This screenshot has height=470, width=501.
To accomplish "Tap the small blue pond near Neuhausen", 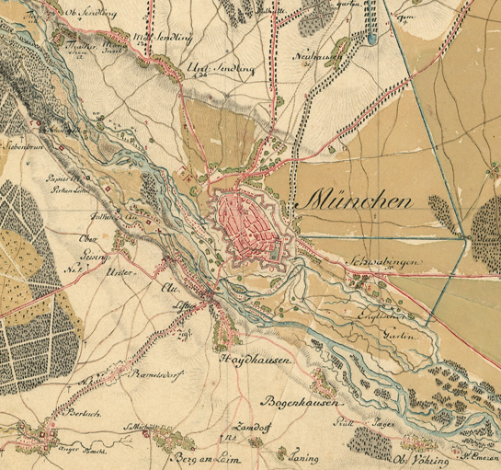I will pyautogui.click(x=371, y=40).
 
